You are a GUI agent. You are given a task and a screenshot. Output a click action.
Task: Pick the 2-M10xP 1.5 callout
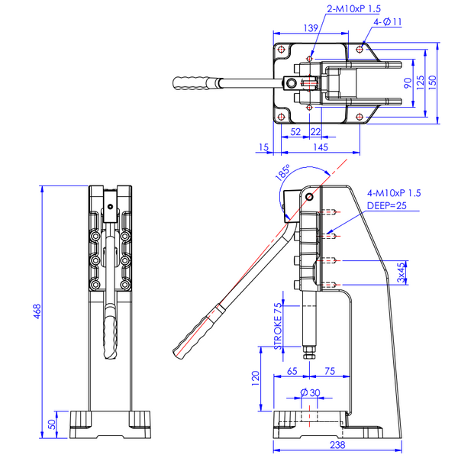point(353,8)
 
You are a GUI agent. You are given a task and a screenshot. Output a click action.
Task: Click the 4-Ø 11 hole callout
point(388,22)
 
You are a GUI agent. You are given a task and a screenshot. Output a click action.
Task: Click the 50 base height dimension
point(52,424)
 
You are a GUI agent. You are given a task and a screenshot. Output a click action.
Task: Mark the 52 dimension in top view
point(295,132)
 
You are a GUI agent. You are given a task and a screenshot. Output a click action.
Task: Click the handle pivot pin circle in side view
point(308,197)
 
